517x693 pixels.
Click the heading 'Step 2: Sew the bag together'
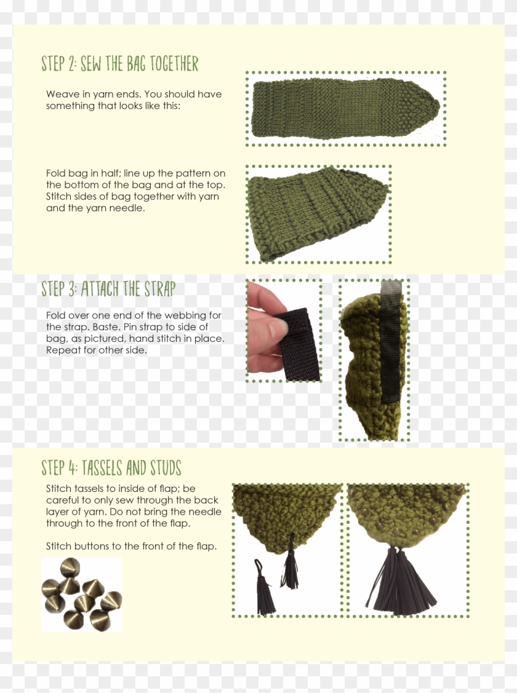pyautogui.click(x=119, y=63)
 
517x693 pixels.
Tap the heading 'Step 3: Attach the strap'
pyautogui.click(x=108, y=288)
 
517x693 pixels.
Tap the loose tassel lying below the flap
pyautogui.click(x=265, y=587)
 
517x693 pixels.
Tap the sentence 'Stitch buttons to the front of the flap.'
pyautogui.click(x=131, y=546)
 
